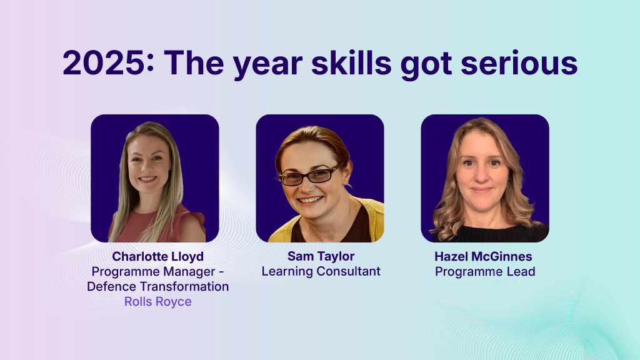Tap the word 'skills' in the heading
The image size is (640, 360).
coord(324,63)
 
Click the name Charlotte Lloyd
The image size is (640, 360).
coord(157,257)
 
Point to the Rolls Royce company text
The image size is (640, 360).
coord(157,302)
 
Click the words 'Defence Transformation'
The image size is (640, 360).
coord(157,287)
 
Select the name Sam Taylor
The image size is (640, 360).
coord(321,257)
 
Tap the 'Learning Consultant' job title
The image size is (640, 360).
coord(321,272)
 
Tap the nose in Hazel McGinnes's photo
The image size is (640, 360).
coord(481,176)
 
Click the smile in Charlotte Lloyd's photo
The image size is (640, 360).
coord(149,180)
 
